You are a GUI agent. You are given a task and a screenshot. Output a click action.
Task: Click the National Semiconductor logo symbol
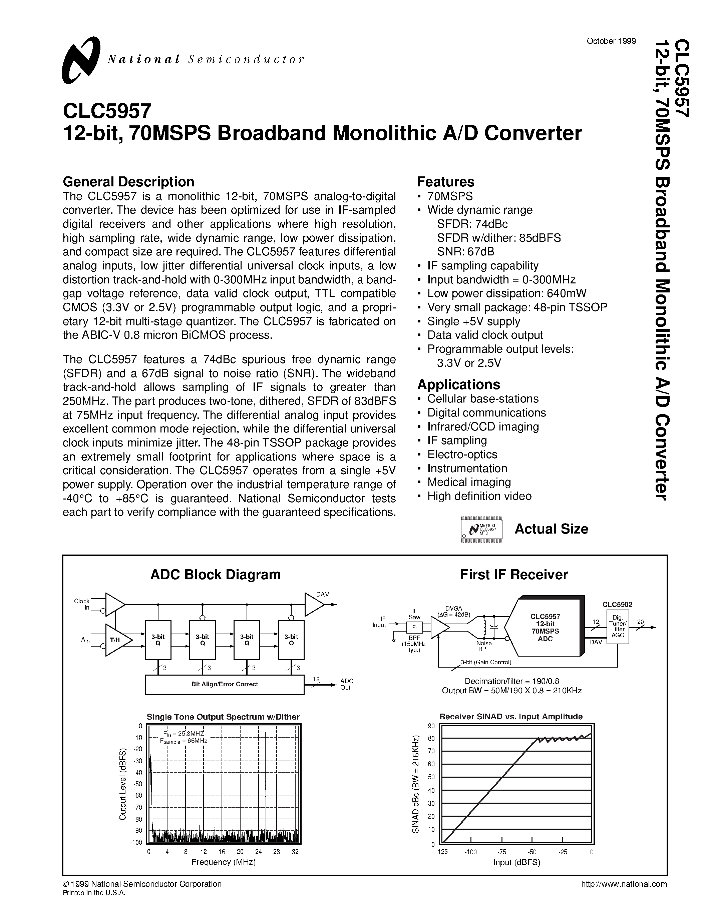click(81, 60)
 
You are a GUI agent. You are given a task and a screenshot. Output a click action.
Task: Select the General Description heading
click(128, 182)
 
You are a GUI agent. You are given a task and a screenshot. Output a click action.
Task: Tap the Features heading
click(446, 182)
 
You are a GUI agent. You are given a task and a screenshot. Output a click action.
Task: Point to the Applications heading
click(458, 384)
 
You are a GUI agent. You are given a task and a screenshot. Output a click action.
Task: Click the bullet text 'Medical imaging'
click(469, 482)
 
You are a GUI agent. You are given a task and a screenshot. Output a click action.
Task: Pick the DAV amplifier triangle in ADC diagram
click(313, 605)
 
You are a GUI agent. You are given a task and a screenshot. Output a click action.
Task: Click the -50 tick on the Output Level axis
click(138, 784)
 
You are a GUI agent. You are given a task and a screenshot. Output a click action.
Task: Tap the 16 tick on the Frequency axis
click(222, 852)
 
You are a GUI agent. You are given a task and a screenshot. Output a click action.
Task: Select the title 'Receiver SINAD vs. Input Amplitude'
click(511, 717)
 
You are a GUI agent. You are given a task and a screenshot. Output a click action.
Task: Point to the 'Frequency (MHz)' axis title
click(224, 862)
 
